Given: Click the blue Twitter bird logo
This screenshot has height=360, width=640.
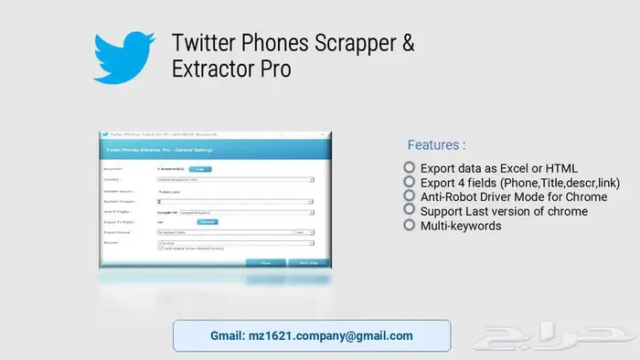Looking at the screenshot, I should pos(125,57).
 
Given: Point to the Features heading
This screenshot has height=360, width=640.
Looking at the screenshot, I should pos(436,145).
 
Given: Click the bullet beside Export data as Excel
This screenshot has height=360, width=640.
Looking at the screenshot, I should pos(410,168).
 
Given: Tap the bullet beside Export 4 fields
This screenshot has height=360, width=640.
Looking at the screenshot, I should pos(410,182).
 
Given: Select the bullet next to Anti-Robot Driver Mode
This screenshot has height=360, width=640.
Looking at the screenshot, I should pos(410,196).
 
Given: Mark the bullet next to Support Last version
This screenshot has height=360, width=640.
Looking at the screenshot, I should pos(410,211).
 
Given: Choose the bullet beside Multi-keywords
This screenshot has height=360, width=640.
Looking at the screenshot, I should pos(410,225).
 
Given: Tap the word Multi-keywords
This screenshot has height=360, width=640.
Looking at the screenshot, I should pos(461,225).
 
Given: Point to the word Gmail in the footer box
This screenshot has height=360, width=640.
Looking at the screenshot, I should pos(226,336).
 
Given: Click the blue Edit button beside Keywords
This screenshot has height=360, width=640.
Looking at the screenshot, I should pos(202,169).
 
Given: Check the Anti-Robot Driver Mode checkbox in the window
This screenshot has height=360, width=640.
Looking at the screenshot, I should pos(161,249).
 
